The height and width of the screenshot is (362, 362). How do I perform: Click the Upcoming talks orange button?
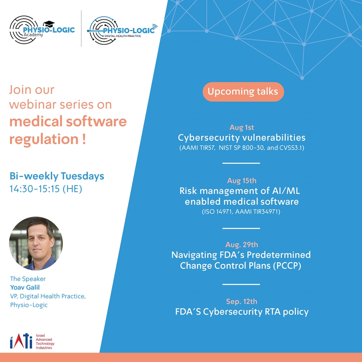click(243, 92)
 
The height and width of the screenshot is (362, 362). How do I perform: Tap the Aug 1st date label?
click(241, 128)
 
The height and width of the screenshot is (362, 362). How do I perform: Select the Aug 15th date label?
click(242, 181)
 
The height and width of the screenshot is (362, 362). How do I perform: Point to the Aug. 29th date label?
click(242, 245)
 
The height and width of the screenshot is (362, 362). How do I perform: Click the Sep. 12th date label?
click(241, 301)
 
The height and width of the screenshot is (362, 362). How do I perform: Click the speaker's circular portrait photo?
click(36, 243)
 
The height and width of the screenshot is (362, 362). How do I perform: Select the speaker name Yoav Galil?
click(25, 287)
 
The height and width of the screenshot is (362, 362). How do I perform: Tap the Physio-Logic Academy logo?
click(42, 30)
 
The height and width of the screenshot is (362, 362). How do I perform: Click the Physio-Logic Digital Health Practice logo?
click(122, 30)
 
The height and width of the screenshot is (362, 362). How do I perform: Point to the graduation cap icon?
click(49, 24)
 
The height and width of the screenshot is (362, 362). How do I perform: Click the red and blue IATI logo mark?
click(21, 341)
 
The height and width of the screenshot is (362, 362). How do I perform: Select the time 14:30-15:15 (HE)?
click(46, 189)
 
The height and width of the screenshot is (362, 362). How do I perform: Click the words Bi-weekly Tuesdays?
click(57, 176)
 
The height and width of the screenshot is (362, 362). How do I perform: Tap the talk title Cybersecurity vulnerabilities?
click(241, 138)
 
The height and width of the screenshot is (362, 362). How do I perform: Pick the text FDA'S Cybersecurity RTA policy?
click(242, 312)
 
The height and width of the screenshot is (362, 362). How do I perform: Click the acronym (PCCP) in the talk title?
click(287, 265)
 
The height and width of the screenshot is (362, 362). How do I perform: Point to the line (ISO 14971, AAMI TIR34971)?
click(241, 212)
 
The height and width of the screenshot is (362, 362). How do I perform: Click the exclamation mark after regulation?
click(84, 139)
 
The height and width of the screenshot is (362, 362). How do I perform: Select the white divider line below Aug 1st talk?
click(241, 163)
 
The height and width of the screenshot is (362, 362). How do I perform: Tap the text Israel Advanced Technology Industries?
click(45, 341)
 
